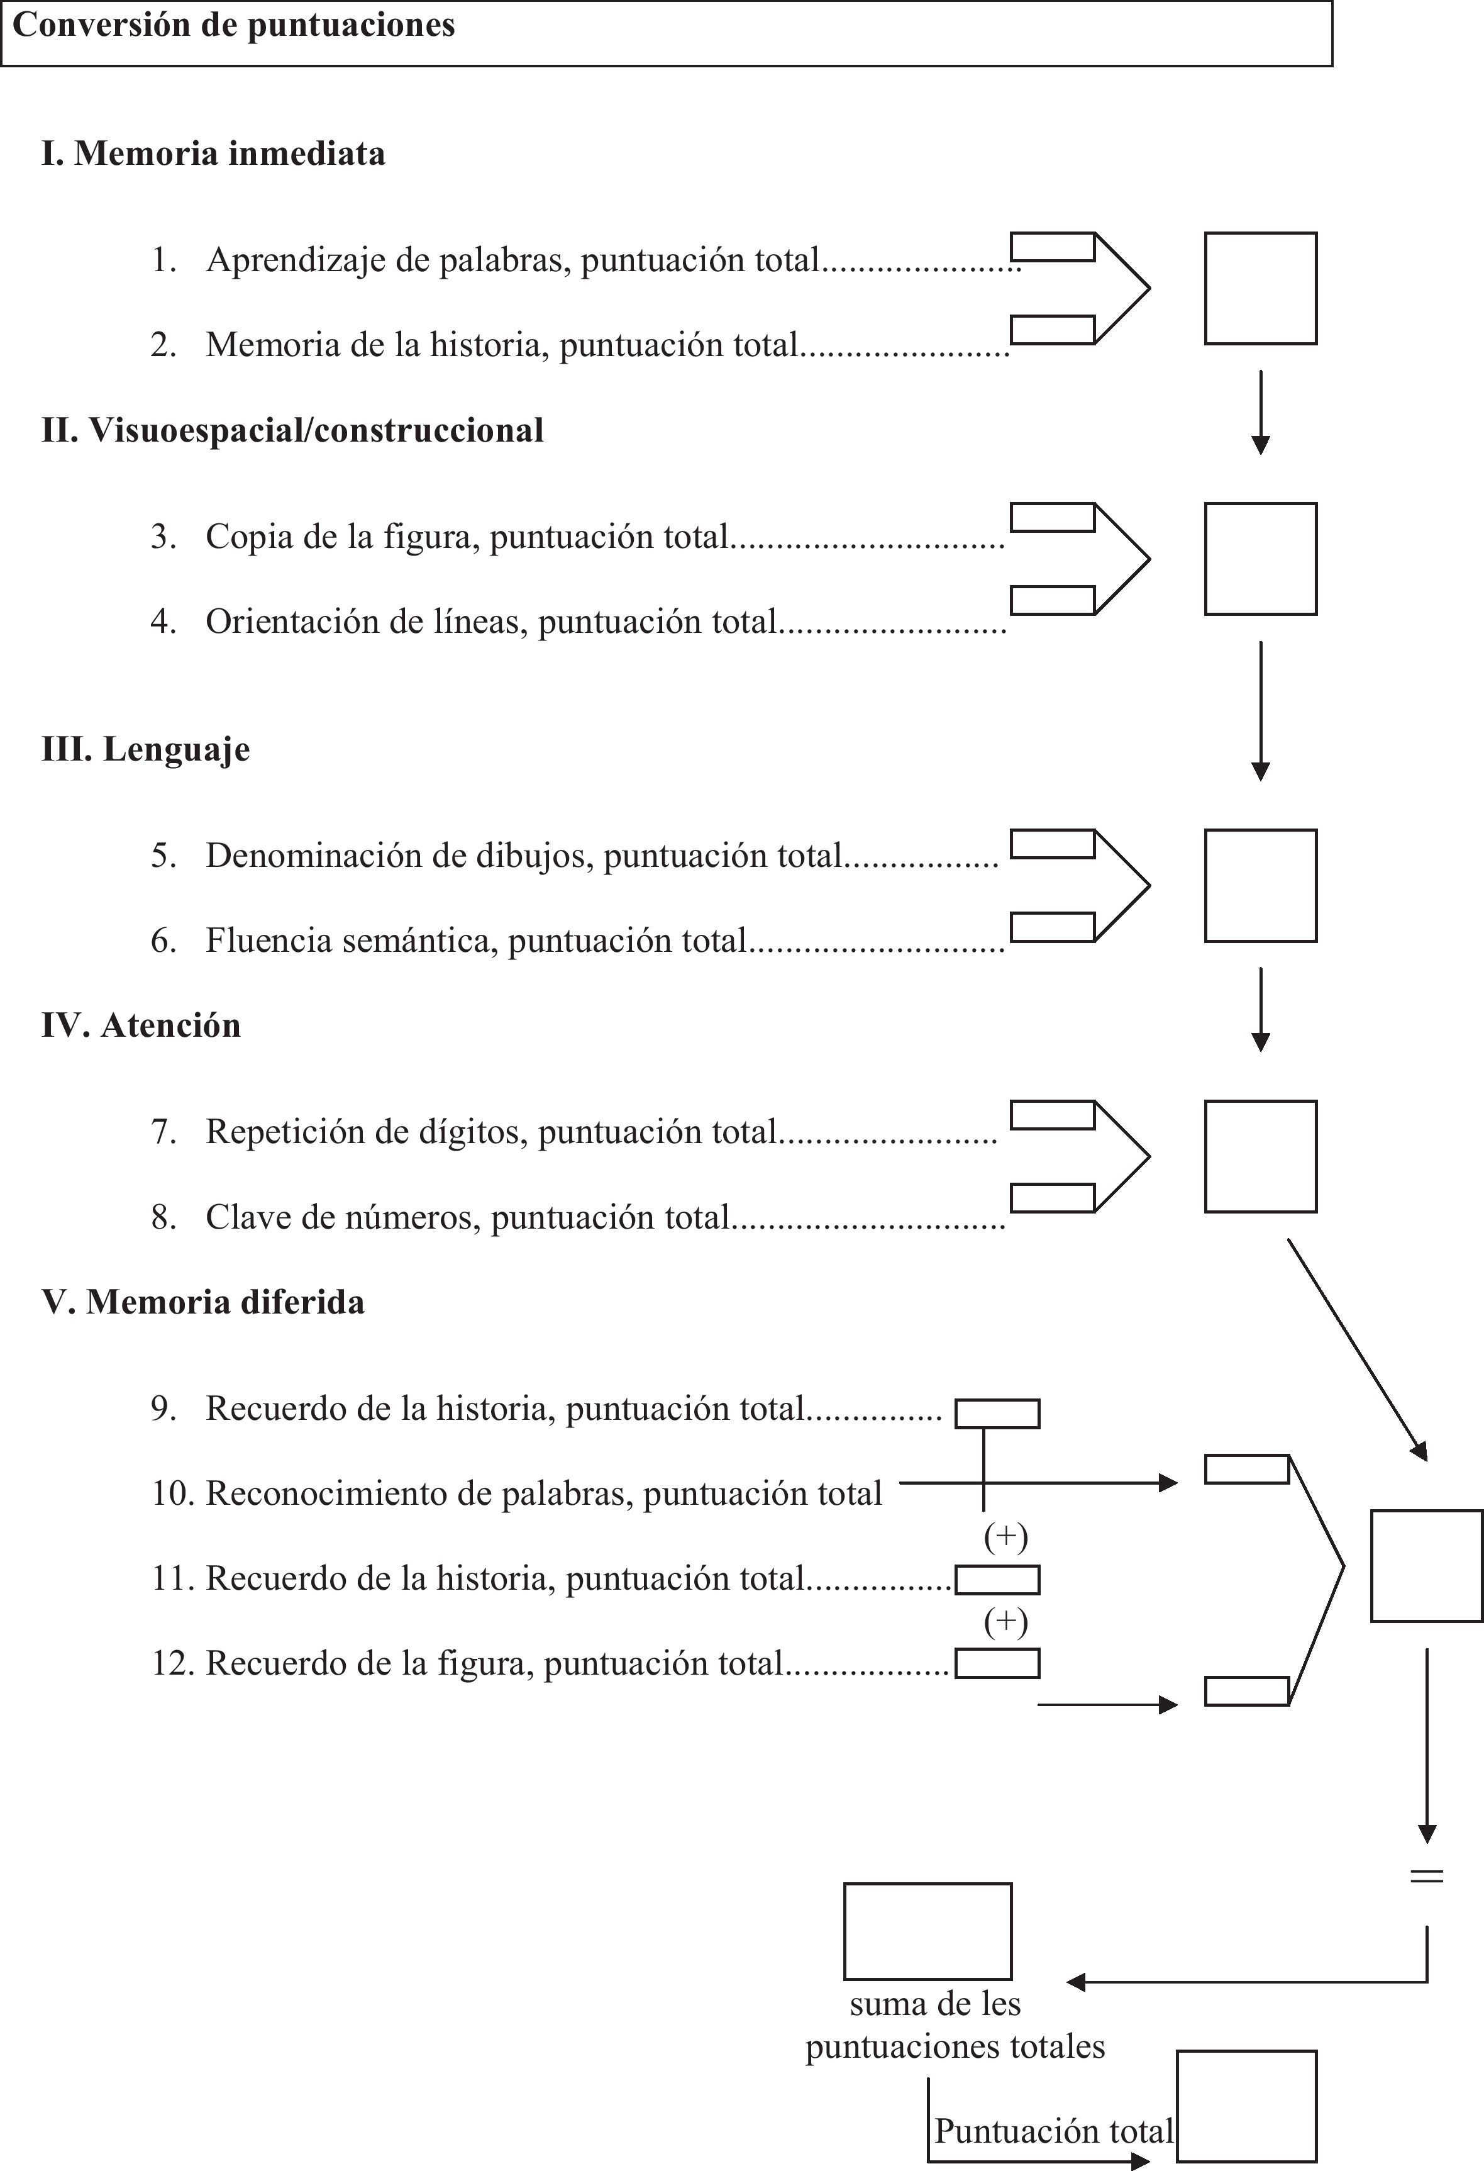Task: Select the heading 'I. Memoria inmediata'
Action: click(213, 153)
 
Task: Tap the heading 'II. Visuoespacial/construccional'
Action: click(292, 431)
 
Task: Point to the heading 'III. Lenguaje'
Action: click(146, 749)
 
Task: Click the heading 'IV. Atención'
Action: click(141, 1025)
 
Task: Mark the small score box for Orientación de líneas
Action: click(1053, 601)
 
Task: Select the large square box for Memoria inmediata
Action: click(1260, 289)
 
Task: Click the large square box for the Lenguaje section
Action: click(1260, 886)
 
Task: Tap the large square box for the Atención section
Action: click(1260, 1156)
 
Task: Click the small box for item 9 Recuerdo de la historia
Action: click(997, 1414)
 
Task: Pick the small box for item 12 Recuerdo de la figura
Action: click(997, 1664)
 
